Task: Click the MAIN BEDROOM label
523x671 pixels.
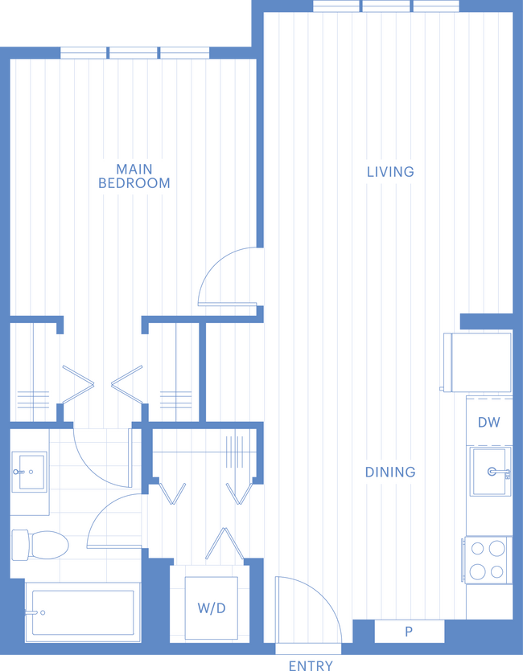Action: [x=134, y=176]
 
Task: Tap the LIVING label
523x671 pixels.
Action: [x=390, y=172]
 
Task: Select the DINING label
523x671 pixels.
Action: [x=390, y=472]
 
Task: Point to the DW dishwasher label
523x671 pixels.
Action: [x=488, y=423]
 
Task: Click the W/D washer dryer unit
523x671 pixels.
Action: [x=211, y=608]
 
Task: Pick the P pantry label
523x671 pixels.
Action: [x=409, y=631]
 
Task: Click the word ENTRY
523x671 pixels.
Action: [x=311, y=665]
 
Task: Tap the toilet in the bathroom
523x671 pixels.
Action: [x=40, y=545]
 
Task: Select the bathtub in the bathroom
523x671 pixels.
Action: [x=83, y=612]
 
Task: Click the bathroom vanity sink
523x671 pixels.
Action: [x=30, y=472]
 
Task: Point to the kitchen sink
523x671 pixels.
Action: [x=491, y=472]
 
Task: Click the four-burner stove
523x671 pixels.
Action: [x=487, y=560]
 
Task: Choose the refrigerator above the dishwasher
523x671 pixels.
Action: [x=478, y=362]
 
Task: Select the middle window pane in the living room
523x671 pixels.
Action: [x=386, y=6]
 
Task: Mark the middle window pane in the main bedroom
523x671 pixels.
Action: [x=134, y=53]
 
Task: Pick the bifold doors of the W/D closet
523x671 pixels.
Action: [x=224, y=543]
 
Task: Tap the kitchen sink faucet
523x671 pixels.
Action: [x=499, y=472]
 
